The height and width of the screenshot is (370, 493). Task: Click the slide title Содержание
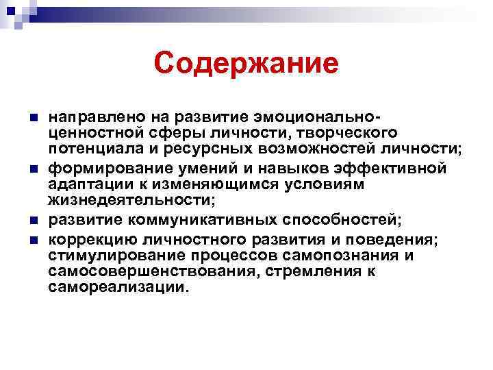[246, 64]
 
